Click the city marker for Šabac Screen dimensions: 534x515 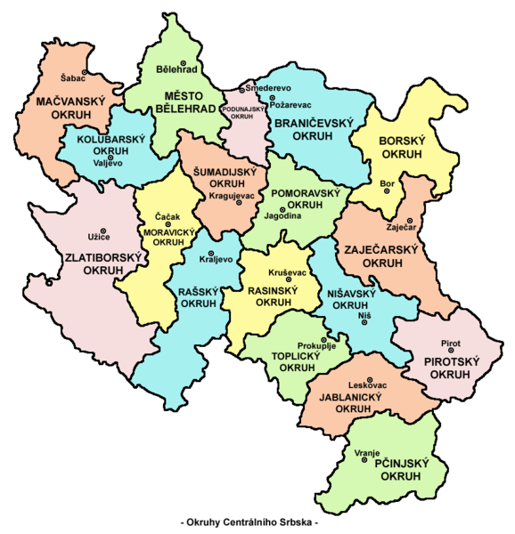(86, 71)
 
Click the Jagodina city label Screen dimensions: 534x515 (278, 216)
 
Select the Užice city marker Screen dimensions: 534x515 (103, 231)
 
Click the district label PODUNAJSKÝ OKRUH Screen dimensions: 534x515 (243, 111)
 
